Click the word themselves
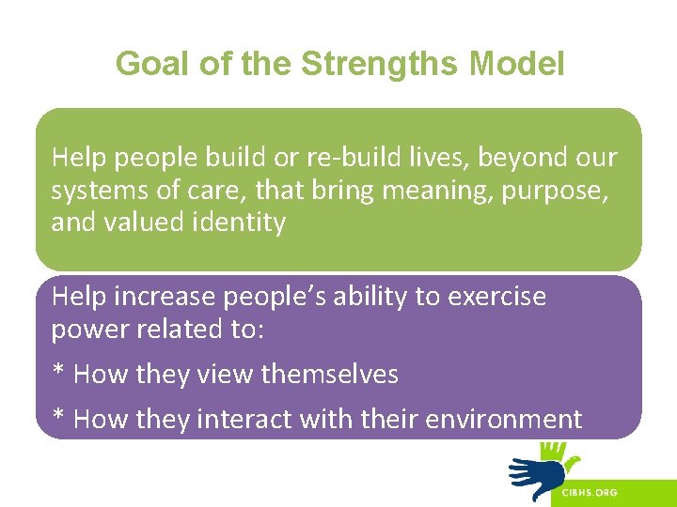pyautogui.click(x=330, y=374)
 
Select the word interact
pyautogui.click(x=244, y=419)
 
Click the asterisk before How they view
pyautogui.click(x=58, y=372)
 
